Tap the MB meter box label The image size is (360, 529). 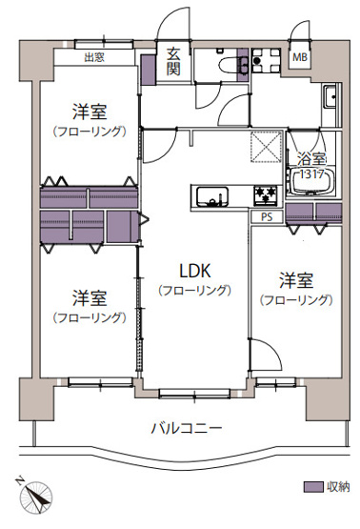299,57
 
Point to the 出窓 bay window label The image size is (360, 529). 94,57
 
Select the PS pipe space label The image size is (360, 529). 266,215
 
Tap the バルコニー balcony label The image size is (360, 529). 186,426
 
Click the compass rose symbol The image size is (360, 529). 36,497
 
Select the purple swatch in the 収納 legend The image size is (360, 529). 311,487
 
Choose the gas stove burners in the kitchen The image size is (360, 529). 265,195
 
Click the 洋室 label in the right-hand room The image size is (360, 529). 295,281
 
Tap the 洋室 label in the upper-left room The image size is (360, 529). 90,112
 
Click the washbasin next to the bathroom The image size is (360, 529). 329,97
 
